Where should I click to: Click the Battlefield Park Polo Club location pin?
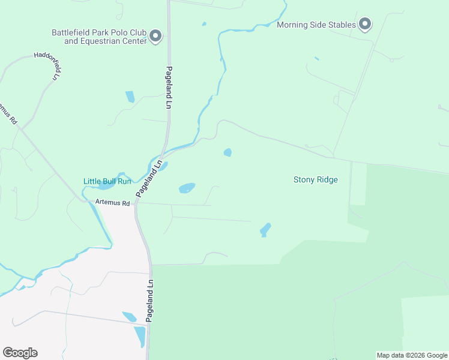[155, 37]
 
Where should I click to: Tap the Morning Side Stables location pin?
[365, 25]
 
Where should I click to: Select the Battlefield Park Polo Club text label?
[99, 37]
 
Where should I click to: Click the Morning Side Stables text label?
[316, 25]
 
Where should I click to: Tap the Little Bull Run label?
[107, 181]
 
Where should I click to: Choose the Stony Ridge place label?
[315, 179]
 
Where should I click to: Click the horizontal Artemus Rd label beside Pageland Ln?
[113, 203]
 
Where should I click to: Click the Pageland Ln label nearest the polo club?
[169, 87]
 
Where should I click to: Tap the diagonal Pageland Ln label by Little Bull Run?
[149, 178]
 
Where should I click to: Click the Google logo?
[20, 353]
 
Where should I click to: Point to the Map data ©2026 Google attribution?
[412, 355]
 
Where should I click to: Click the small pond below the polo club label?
[130, 97]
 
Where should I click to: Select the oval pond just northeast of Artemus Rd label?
[187, 188]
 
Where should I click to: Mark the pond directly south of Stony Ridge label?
[265, 230]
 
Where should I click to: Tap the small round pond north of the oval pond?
[228, 152]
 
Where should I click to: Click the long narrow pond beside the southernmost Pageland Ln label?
[140, 337]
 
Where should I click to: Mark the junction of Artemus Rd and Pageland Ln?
[137, 203]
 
